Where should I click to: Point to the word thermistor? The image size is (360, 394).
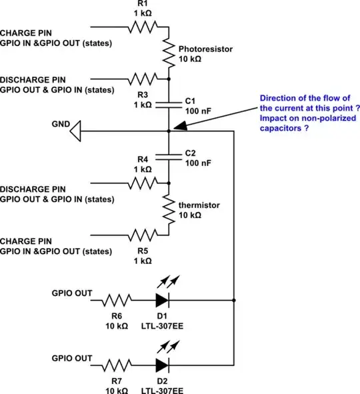(x=196, y=205)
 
